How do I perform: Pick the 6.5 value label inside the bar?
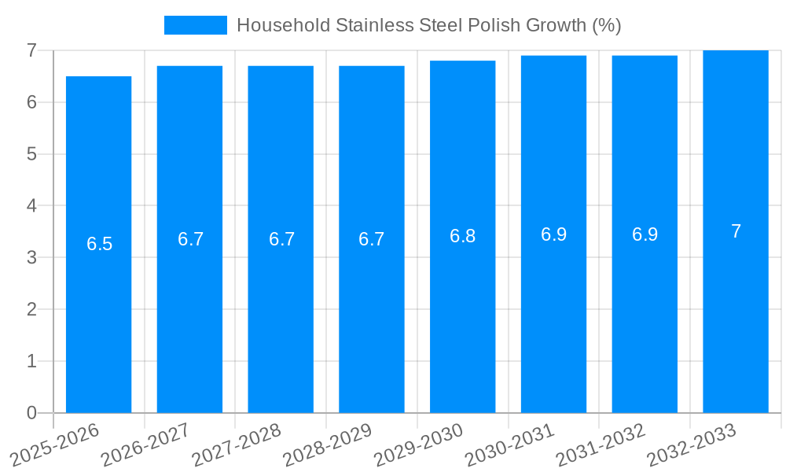pos(100,244)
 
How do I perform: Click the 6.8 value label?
pos(462,236)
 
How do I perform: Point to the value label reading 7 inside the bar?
pos(736,231)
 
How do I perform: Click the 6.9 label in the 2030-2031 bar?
pos(553,234)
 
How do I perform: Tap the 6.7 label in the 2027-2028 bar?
pos(281,239)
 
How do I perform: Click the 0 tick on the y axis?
pos(31,413)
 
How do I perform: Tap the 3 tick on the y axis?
pos(31,257)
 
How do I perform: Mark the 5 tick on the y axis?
pos(31,154)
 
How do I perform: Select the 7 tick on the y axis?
pos(31,50)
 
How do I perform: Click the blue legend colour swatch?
pos(195,25)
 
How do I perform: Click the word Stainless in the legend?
pos(368,25)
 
